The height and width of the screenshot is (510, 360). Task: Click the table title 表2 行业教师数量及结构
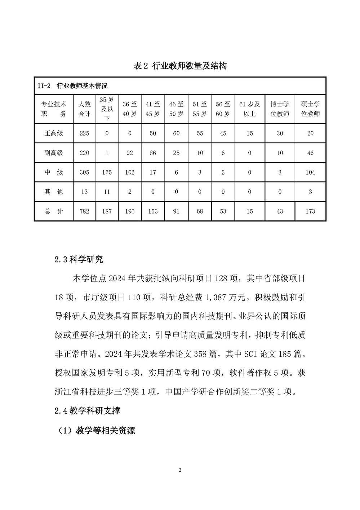[180, 66]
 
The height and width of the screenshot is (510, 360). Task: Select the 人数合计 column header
[84, 109]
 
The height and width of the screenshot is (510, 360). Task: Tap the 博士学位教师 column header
[280, 109]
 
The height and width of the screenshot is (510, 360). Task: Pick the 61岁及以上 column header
[249, 109]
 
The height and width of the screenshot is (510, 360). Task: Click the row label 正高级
[54, 133]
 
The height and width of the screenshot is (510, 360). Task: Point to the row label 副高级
[54, 153]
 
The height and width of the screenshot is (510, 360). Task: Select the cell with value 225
[84, 133]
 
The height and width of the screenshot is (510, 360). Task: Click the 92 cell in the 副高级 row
[130, 153]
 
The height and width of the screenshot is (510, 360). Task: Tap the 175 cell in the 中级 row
[107, 172]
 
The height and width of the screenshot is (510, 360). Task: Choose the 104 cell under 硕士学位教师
[310, 172]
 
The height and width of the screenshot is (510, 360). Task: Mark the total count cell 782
[84, 211]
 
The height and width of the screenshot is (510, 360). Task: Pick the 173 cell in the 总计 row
[310, 211]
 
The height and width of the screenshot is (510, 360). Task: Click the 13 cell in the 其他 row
[84, 192]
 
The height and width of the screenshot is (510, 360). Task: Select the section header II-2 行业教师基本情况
[72, 86]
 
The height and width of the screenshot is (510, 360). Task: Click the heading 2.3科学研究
[79, 259]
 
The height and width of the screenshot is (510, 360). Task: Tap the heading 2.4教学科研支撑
[87, 410]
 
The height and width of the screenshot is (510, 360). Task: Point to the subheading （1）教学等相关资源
[97, 430]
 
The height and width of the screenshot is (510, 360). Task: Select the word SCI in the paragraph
[251, 354]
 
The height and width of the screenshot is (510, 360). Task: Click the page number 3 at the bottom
[180, 470]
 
